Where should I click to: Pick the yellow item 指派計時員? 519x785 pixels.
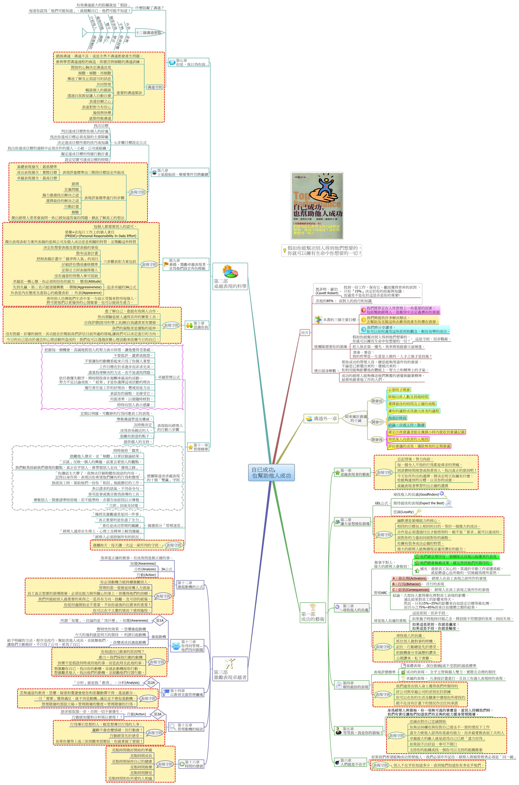pos(397,418)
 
